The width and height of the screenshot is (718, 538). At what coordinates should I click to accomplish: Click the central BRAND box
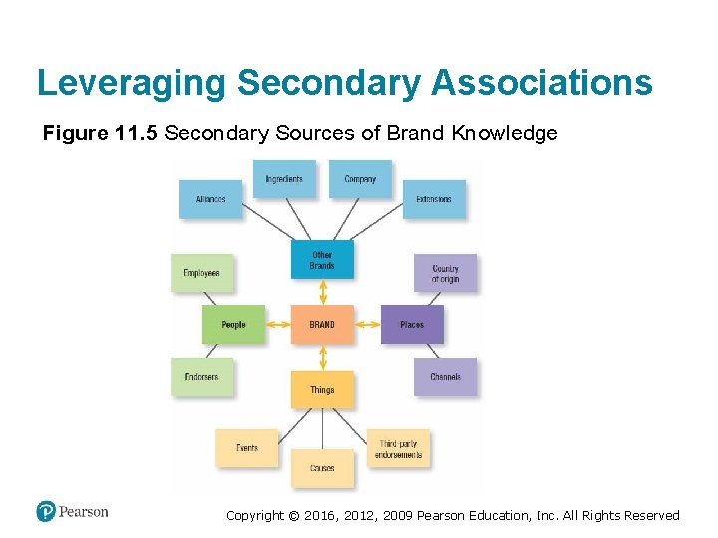click(x=322, y=325)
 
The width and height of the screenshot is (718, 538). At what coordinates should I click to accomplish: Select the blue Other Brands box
click(x=322, y=259)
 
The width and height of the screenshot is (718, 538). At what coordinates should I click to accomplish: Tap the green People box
click(x=233, y=325)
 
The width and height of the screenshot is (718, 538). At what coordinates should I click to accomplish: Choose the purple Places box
click(x=412, y=325)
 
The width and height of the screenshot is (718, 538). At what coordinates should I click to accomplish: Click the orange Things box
click(x=322, y=390)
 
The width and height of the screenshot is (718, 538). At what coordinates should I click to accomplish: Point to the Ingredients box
click(x=284, y=179)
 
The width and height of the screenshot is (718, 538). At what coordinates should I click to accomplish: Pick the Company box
click(x=360, y=179)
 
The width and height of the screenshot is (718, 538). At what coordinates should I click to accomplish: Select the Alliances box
click(x=211, y=199)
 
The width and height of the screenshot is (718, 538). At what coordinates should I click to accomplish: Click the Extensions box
click(x=434, y=199)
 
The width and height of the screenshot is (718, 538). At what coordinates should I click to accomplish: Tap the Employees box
click(x=202, y=273)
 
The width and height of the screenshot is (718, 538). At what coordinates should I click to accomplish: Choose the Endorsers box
click(x=202, y=377)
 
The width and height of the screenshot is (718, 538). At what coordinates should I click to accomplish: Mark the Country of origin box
click(x=445, y=273)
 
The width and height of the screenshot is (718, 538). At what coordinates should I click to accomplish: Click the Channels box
click(x=445, y=377)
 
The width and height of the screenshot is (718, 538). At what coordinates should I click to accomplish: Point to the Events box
click(x=247, y=448)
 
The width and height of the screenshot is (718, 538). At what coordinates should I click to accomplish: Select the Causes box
click(x=322, y=468)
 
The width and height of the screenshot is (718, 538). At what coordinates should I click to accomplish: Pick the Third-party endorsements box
click(x=399, y=449)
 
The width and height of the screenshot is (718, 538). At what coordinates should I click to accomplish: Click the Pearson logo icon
click(x=46, y=512)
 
